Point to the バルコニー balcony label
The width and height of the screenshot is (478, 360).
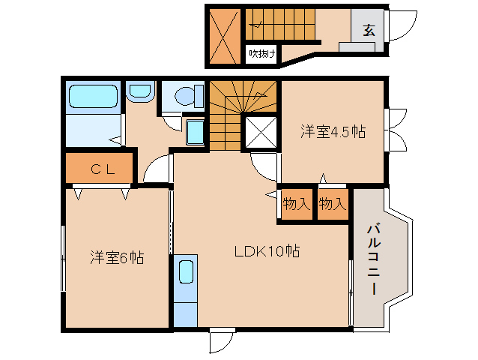point(372,259)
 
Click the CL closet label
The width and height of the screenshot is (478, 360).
point(102,169)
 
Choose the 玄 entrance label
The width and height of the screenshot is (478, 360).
point(369,31)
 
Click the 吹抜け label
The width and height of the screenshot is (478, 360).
point(262,53)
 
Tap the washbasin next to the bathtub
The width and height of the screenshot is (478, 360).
point(139,92)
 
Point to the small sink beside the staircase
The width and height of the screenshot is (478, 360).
point(195,132)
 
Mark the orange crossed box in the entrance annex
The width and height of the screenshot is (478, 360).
point(225,34)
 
